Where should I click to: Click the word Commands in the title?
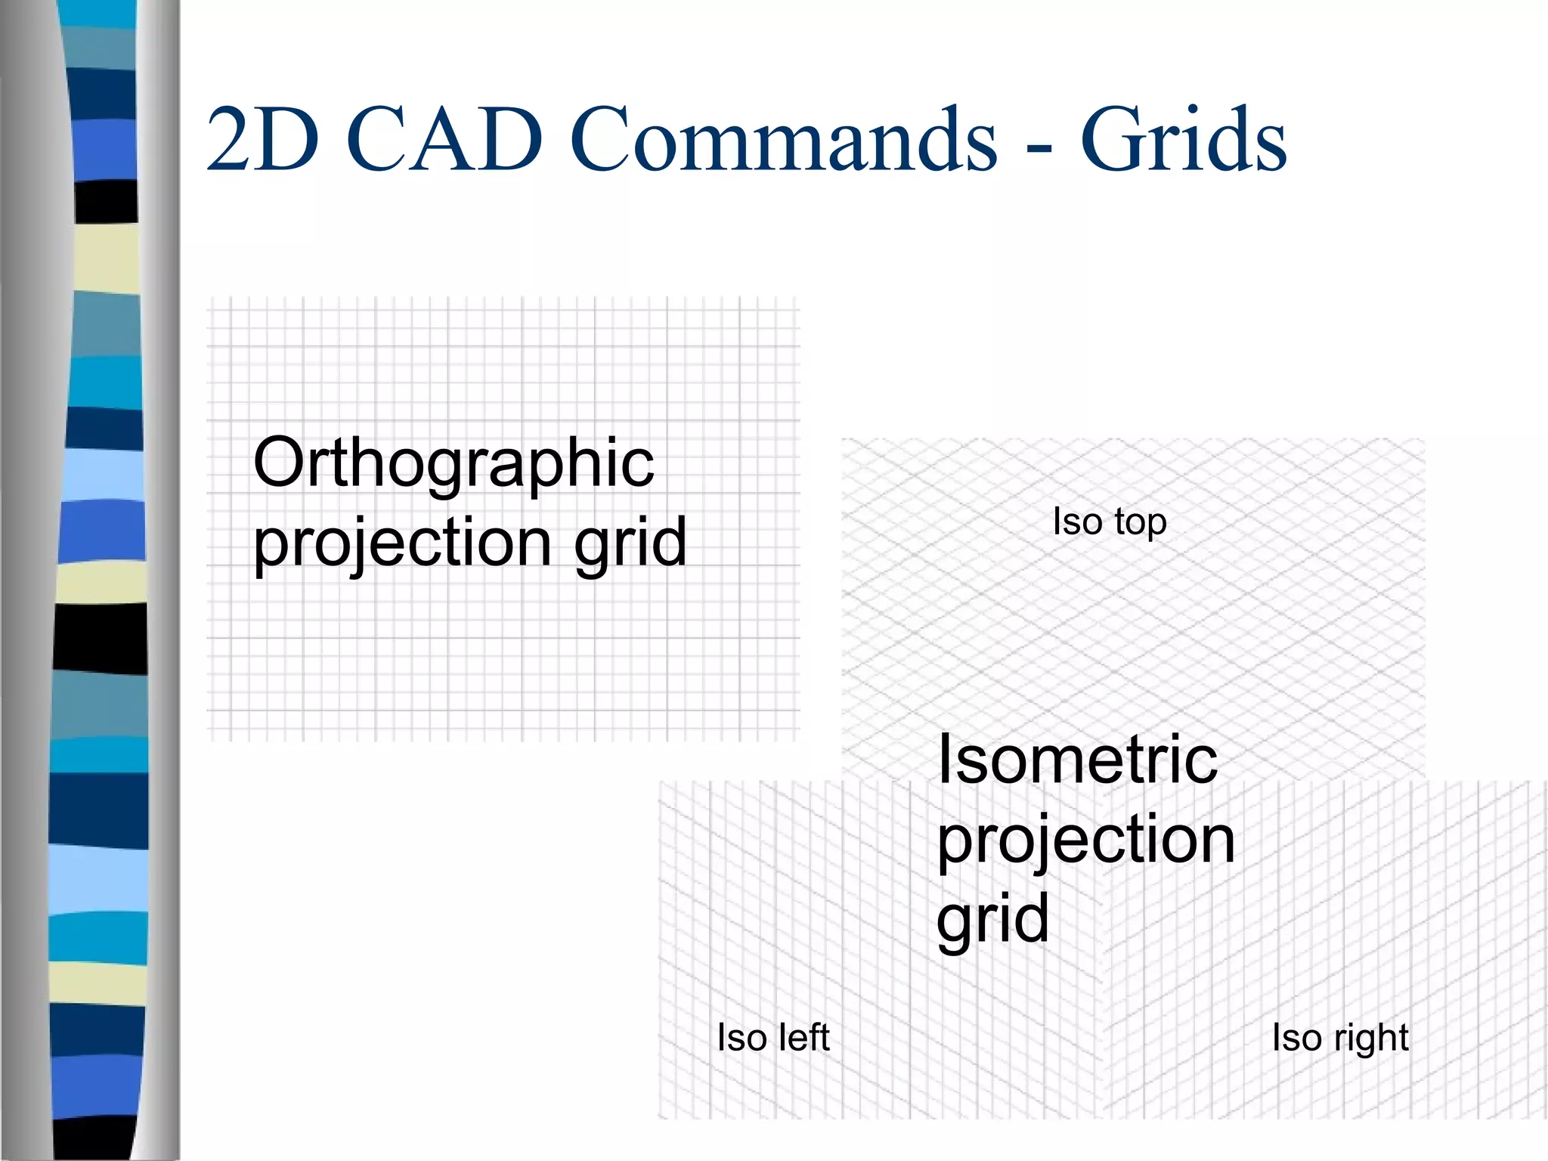tap(783, 140)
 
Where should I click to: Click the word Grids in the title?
tap(1183, 140)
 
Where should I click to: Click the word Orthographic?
tap(454, 463)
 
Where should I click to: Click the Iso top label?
tap(1109, 522)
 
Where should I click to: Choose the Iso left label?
tap(772, 1037)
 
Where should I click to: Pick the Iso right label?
tap(1339, 1038)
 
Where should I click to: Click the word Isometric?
tap(1077, 760)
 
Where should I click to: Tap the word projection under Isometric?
tap(1085, 841)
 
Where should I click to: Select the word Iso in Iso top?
tap(1077, 522)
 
